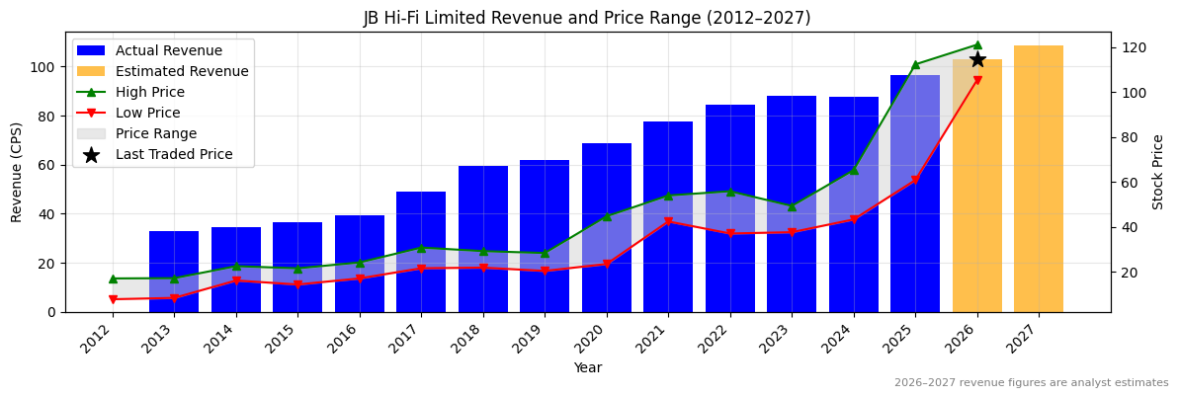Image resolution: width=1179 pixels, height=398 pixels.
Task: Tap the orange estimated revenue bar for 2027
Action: (x=1039, y=179)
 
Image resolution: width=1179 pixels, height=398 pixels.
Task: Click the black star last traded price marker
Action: (x=977, y=59)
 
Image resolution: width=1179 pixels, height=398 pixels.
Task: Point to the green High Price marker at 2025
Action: (x=915, y=64)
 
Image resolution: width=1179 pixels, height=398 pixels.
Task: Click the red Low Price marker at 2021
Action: (x=668, y=221)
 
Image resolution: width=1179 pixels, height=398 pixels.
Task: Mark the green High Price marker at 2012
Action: (x=113, y=279)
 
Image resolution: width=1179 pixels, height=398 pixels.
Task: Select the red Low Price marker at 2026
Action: (x=977, y=80)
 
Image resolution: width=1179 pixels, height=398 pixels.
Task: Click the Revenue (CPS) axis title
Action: (x=17, y=172)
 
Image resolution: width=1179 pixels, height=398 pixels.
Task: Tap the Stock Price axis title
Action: (x=1158, y=172)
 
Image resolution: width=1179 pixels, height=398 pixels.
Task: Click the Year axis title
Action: (x=588, y=368)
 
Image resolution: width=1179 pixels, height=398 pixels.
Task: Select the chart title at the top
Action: (x=587, y=18)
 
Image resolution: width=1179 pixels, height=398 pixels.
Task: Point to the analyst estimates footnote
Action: (x=1031, y=383)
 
